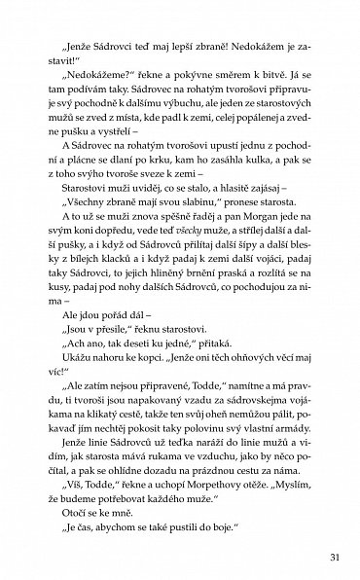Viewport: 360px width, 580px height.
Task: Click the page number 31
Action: [x=330, y=558]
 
